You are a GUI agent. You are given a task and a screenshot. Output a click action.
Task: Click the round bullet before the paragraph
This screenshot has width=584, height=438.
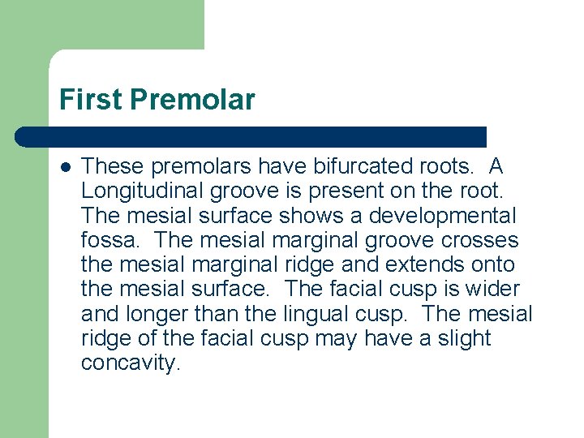(x=65, y=167)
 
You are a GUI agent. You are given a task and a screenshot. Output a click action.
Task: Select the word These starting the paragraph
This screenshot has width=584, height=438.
(x=111, y=167)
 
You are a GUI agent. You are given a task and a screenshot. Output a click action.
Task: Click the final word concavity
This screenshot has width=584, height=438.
(x=129, y=363)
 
